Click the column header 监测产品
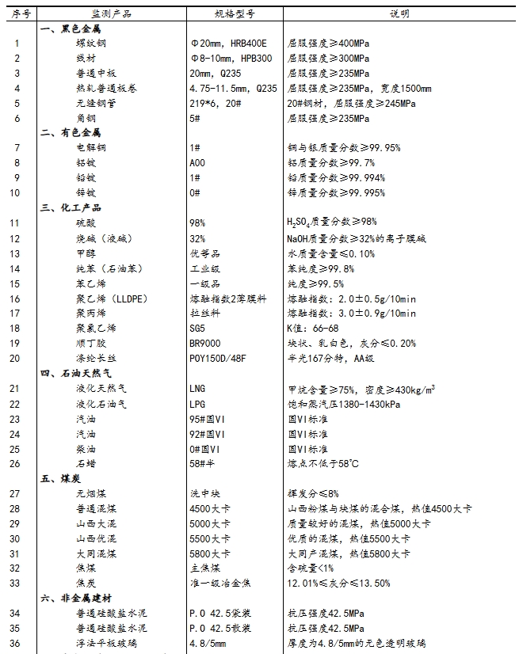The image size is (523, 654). (x=111, y=13)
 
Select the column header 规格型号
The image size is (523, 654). (x=235, y=13)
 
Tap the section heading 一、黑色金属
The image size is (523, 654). (x=71, y=29)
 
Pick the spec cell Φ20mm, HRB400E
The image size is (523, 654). (x=229, y=43)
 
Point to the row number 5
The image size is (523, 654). (x=16, y=103)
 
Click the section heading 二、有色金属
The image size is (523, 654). (x=71, y=133)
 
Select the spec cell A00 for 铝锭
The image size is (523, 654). (x=197, y=163)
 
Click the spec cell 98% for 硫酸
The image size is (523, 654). (x=197, y=223)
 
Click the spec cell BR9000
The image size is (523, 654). (x=206, y=344)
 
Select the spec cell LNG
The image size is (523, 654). (x=197, y=389)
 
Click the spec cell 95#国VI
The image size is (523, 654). (x=208, y=419)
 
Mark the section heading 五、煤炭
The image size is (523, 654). (x=59, y=479)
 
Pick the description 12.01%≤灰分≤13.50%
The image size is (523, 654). (x=338, y=584)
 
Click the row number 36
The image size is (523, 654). (x=16, y=644)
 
